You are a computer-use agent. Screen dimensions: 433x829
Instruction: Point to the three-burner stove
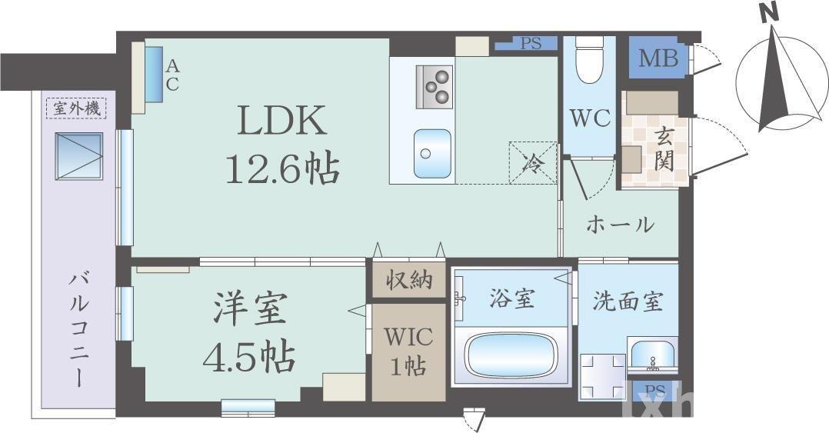point(434,86)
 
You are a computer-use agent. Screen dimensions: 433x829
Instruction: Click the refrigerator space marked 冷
point(531,162)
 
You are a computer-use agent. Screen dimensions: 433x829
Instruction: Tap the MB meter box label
point(659,58)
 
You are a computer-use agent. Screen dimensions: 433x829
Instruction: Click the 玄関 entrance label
point(664,149)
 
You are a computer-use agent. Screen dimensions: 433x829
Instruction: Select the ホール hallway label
point(620,225)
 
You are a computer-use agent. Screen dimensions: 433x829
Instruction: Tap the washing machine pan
point(602,375)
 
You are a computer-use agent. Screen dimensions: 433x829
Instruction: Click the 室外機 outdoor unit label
point(78,108)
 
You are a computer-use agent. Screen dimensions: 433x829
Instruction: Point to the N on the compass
point(766,13)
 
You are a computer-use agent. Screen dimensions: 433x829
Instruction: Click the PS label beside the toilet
point(531,44)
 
